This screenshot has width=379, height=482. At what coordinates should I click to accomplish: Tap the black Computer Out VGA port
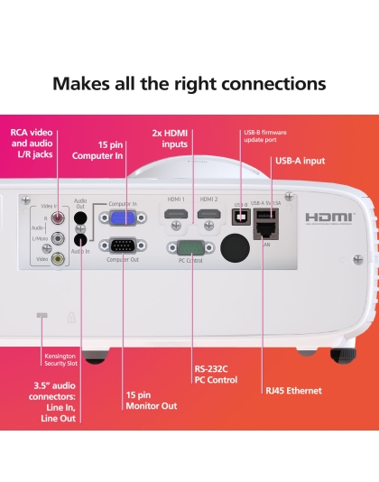click(x=124, y=246)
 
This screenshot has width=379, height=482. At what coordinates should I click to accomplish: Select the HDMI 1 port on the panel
click(x=177, y=217)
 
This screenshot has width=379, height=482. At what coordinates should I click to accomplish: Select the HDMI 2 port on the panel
click(x=209, y=217)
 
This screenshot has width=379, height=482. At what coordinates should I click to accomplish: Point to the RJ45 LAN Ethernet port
click(x=266, y=232)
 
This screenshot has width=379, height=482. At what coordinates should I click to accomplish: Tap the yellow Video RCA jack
click(x=58, y=257)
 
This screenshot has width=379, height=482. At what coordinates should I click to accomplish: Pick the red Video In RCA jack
click(x=60, y=217)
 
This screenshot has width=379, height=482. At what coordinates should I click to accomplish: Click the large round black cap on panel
click(x=236, y=246)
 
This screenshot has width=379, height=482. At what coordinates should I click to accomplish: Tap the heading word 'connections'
click(x=268, y=84)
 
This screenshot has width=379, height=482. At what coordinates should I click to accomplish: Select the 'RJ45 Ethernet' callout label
click(x=293, y=391)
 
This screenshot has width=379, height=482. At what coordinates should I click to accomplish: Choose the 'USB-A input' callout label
click(x=300, y=161)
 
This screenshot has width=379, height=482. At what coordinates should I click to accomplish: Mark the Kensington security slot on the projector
click(x=40, y=315)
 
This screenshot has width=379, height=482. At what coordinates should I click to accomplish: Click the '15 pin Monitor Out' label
click(x=151, y=401)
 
